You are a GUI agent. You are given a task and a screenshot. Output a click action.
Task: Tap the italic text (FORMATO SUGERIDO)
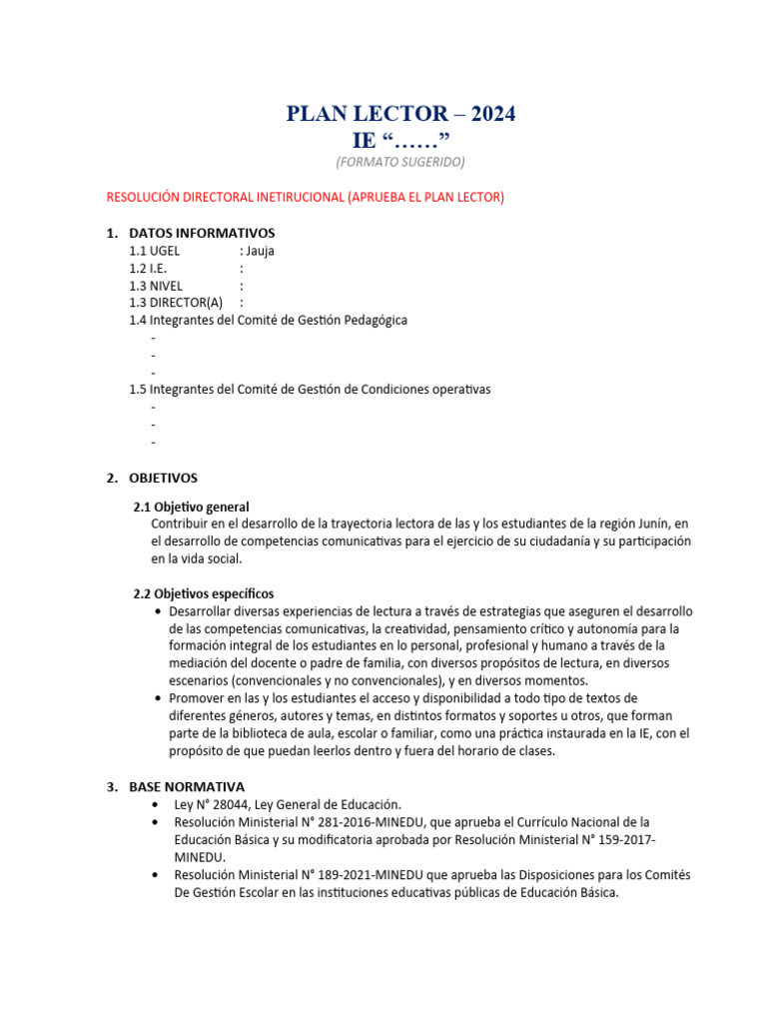[x=400, y=161]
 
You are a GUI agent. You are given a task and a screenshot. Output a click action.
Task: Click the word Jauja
[x=260, y=251]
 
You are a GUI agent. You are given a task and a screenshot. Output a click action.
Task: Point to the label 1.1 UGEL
[x=155, y=251]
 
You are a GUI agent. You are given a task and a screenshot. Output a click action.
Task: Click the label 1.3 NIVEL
[x=156, y=286]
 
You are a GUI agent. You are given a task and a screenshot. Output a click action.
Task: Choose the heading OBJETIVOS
[x=164, y=479]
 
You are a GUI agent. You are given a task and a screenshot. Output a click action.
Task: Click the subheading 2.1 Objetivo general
[x=191, y=508]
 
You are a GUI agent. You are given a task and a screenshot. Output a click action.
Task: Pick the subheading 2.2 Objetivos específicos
[x=204, y=593]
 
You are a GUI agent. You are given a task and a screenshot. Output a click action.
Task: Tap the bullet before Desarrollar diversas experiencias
[x=160, y=610]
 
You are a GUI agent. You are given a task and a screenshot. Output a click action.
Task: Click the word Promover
[x=199, y=697]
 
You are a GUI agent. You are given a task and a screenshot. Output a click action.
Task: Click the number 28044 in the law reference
[x=229, y=804]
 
